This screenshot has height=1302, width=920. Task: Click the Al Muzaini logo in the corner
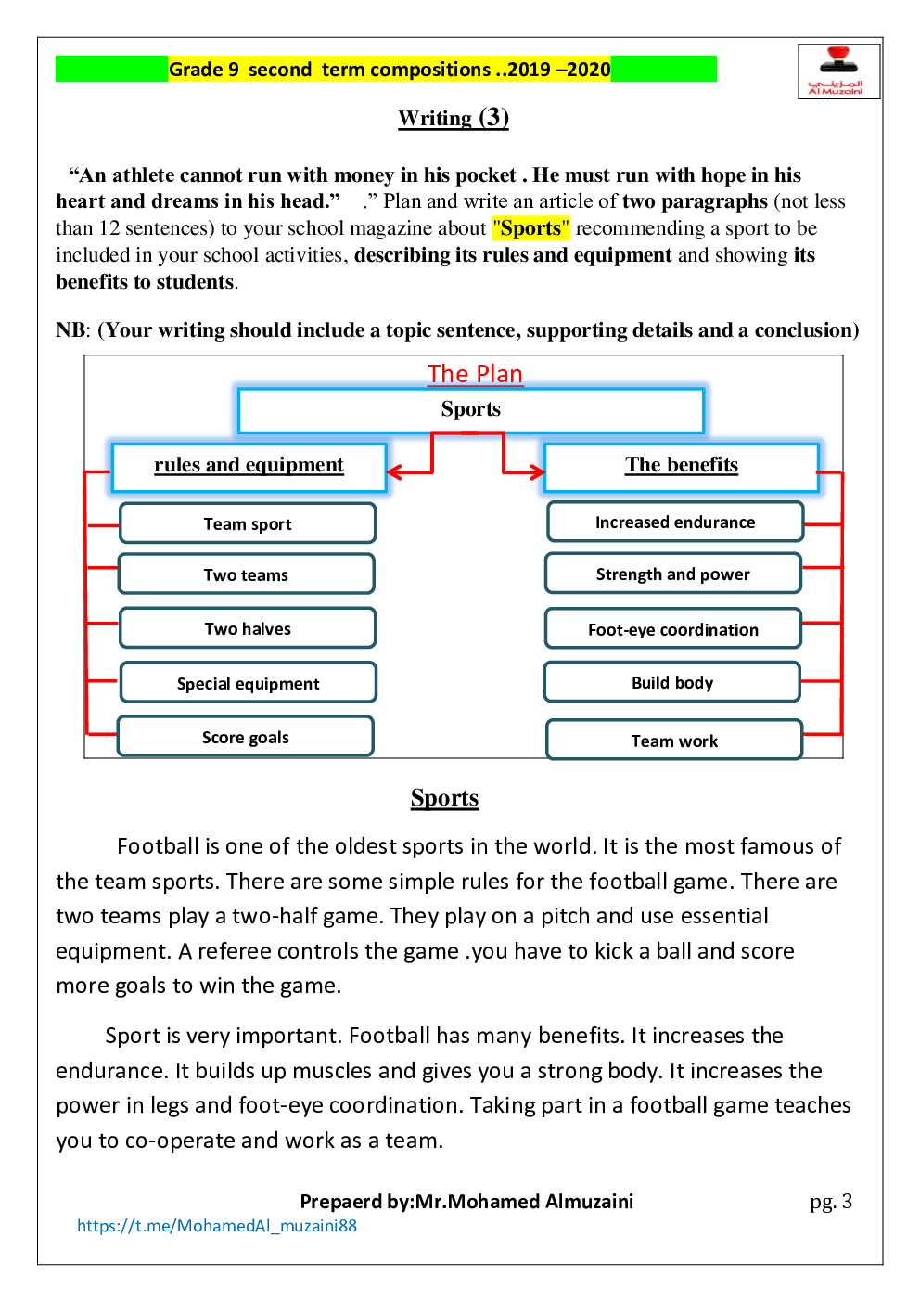point(837,71)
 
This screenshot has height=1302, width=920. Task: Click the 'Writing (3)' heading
point(454,118)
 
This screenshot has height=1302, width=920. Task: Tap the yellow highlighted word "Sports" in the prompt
point(530,228)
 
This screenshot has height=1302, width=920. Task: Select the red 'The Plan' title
point(475,373)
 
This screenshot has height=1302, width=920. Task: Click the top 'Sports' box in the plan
point(470,410)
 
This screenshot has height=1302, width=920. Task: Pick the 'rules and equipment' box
point(249,466)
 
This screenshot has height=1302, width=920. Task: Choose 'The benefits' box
point(681,466)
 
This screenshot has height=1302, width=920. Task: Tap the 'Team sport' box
point(248,523)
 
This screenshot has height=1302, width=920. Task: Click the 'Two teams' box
point(246,574)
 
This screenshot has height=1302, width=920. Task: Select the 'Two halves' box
point(248,628)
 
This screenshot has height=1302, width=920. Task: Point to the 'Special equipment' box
point(248,683)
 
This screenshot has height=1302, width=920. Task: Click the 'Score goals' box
point(246,737)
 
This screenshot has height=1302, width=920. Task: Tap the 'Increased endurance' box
point(674,522)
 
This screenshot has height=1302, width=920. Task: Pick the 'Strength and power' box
point(672,574)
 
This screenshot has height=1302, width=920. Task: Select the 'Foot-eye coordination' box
point(672,629)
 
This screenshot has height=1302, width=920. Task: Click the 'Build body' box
point(671,682)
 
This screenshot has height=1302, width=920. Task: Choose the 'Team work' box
point(674,741)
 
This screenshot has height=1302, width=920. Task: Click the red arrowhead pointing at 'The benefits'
point(537,472)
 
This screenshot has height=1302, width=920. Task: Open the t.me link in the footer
point(217,1226)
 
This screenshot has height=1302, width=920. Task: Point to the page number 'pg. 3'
point(830,1202)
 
